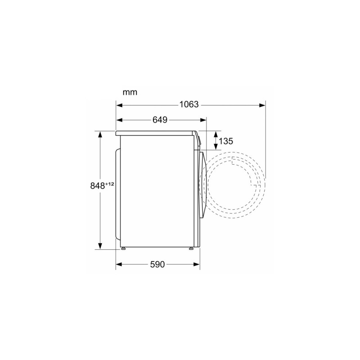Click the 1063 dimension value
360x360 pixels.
point(189,104)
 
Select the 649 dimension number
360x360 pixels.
point(160,120)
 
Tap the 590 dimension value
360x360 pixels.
point(157,265)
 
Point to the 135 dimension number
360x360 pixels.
point(226,141)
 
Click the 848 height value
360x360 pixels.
point(97,186)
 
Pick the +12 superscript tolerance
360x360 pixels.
point(109,184)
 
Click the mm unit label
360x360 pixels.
point(130,92)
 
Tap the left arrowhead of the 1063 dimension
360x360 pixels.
point(119,105)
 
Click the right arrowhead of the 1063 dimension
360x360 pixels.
point(262,105)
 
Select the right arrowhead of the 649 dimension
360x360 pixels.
point(203,120)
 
